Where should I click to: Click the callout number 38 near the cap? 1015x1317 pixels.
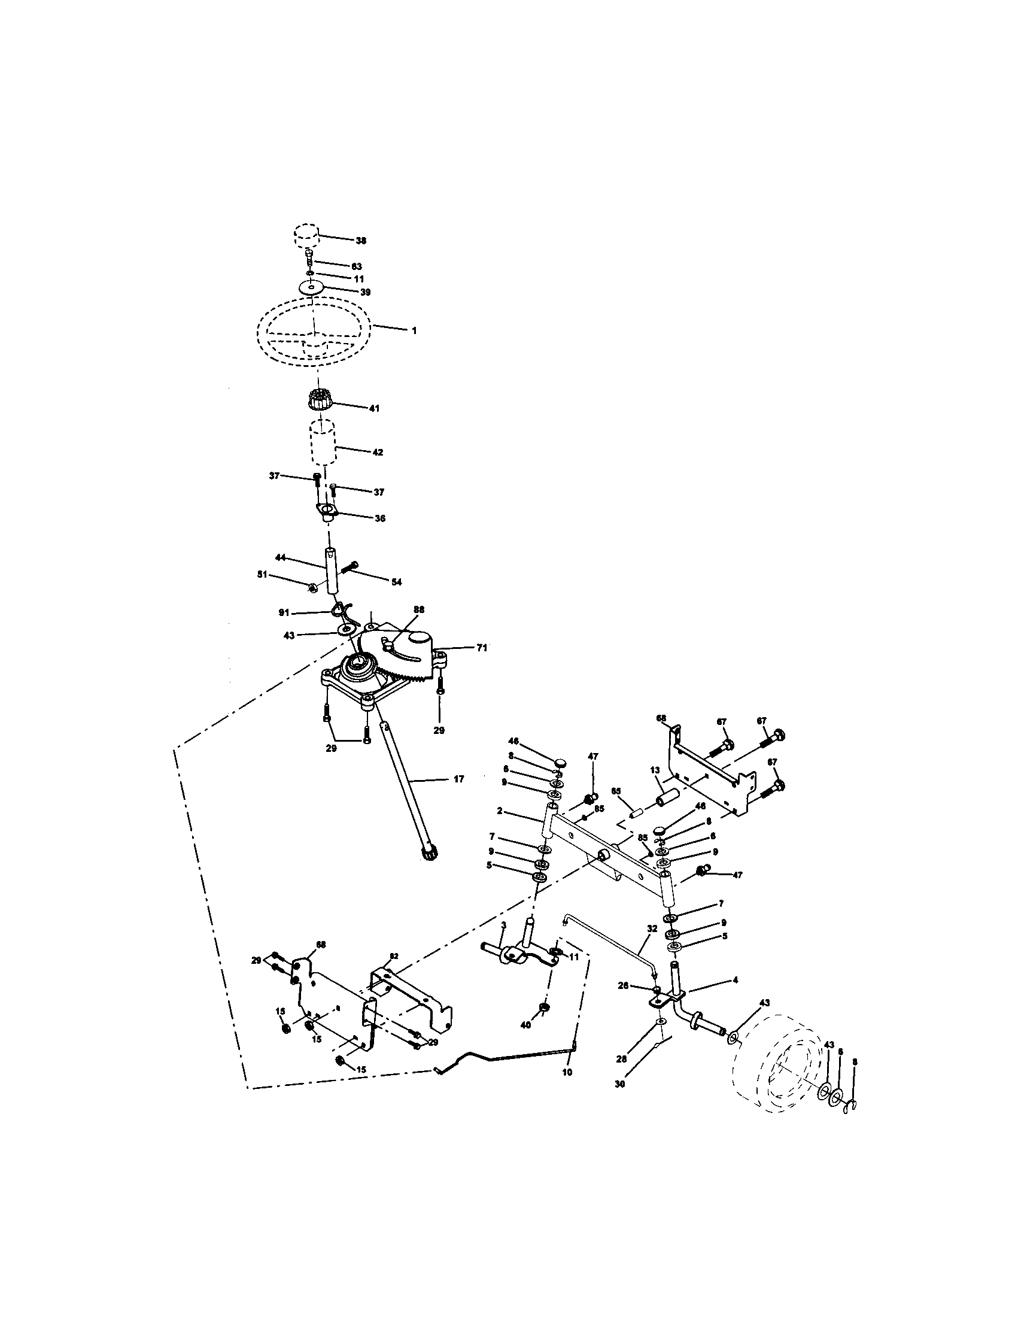[360, 241]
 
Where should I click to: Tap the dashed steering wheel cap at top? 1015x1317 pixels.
[306, 234]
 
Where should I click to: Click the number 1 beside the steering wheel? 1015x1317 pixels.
[414, 331]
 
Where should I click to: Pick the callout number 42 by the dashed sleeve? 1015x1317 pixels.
[377, 452]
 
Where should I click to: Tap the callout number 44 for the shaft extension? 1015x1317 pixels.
[280, 559]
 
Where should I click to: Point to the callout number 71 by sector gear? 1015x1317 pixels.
[481, 647]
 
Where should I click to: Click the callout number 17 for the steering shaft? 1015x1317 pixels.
[458, 779]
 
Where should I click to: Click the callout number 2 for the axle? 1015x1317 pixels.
[500, 811]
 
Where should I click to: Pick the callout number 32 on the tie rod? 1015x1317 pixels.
[652, 929]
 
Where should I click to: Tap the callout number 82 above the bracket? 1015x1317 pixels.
[394, 957]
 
